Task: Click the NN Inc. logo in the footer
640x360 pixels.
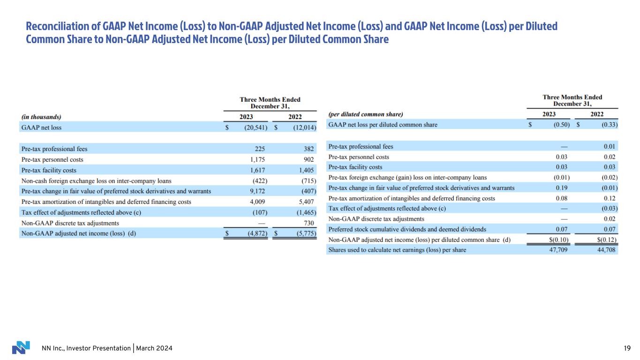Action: coord(21,347)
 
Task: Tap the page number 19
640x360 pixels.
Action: coord(627,348)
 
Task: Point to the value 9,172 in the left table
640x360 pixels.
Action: coord(260,191)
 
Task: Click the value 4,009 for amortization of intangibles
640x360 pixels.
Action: coord(260,202)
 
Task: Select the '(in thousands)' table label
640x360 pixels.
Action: coord(41,117)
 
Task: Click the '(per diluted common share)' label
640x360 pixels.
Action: coord(366,114)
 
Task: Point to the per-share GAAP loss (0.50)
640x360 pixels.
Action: coord(560,125)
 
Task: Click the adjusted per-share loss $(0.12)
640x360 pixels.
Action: coord(605,240)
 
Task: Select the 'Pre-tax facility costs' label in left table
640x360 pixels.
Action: coord(49,170)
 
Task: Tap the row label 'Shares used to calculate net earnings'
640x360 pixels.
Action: coord(397,250)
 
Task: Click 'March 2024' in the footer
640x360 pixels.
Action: coord(155,348)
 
